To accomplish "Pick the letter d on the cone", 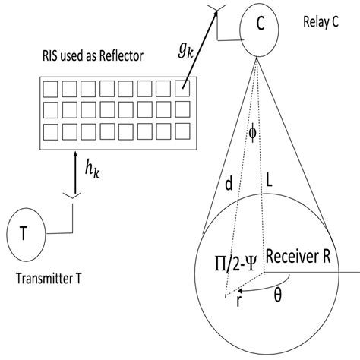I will click(x=229, y=185).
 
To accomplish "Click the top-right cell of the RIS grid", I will click(x=182, y=87).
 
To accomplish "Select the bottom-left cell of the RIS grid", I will click(x=51, y=130).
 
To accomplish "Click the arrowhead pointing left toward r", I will click(x=241, y=289).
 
